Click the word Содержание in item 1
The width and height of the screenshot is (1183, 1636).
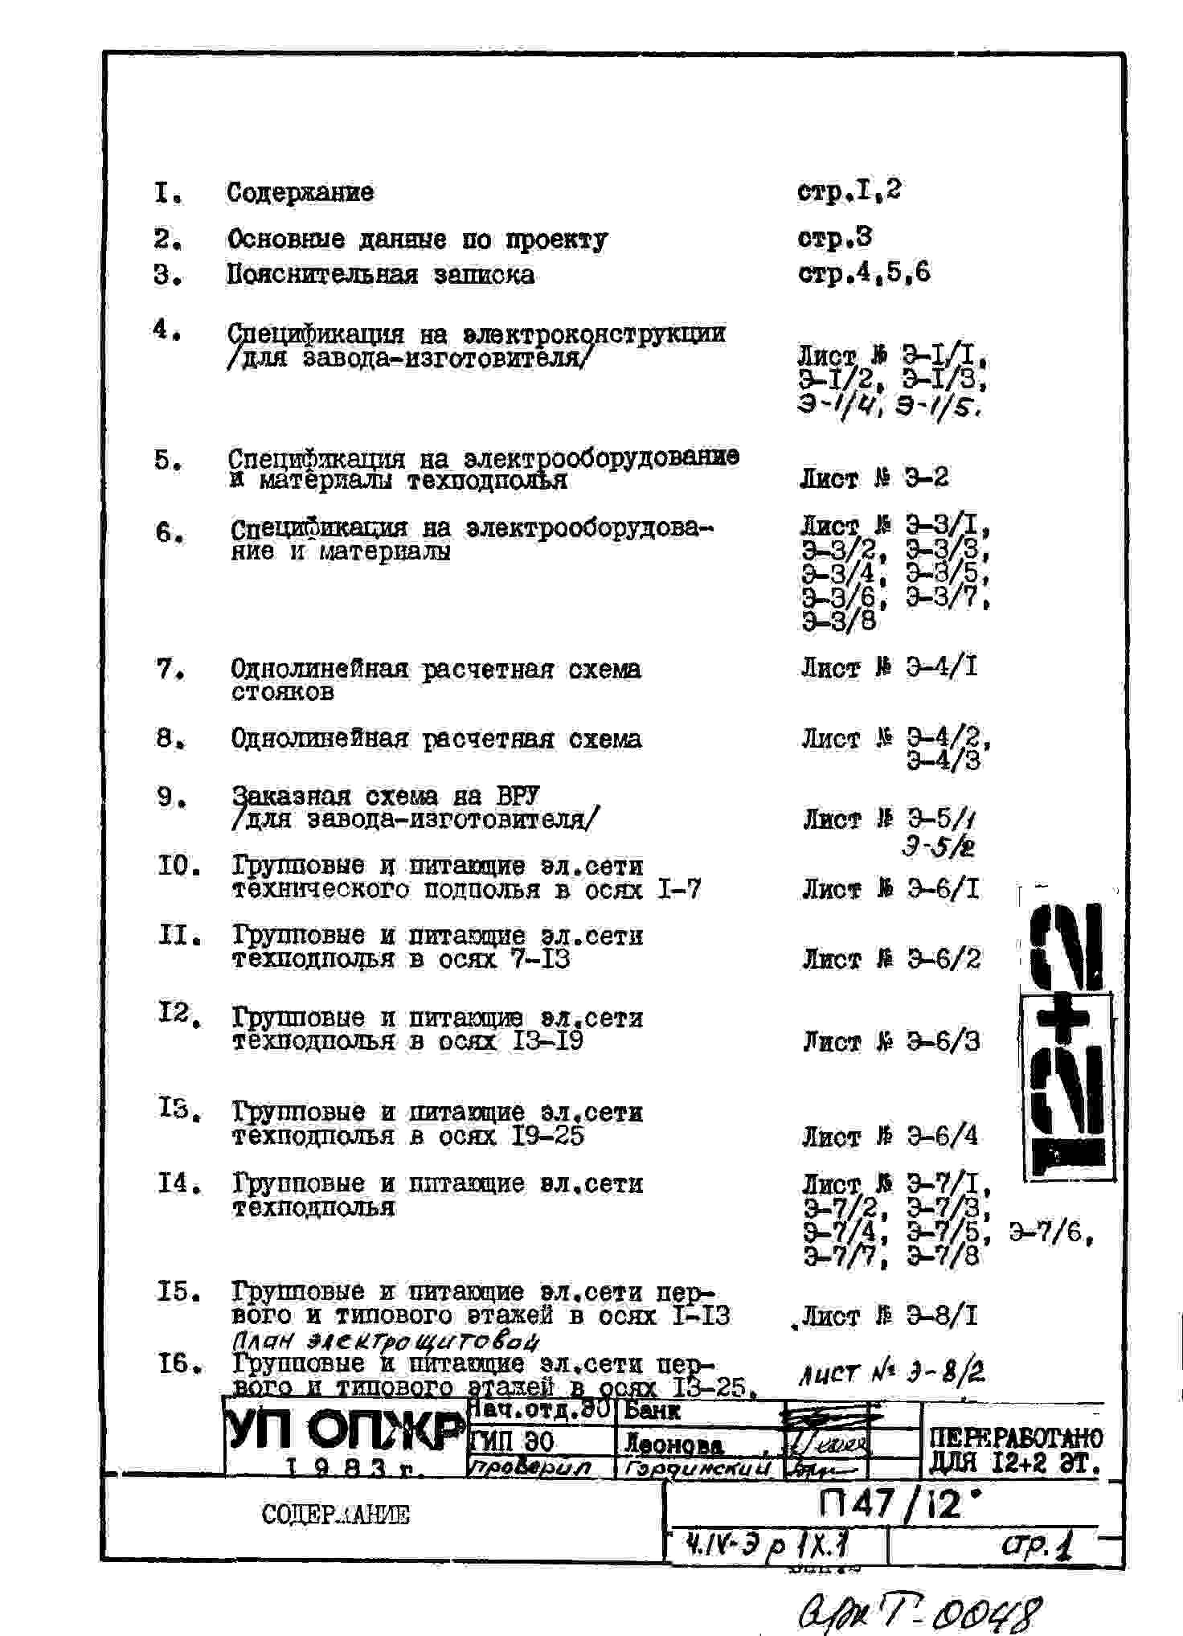pos(300,193)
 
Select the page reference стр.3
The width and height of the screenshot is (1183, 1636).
pos(835,238)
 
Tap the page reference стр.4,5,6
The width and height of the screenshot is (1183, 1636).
pos(864,273)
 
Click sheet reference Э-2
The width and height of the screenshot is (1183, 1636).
pos(926,478)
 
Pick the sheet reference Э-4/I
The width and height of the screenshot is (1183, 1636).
pos(941,667)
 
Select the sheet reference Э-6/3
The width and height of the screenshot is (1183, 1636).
pos(943,1042)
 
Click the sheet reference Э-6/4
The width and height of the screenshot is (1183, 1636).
pos(943,1136)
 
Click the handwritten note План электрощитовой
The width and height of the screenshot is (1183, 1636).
pos(384,1341)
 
